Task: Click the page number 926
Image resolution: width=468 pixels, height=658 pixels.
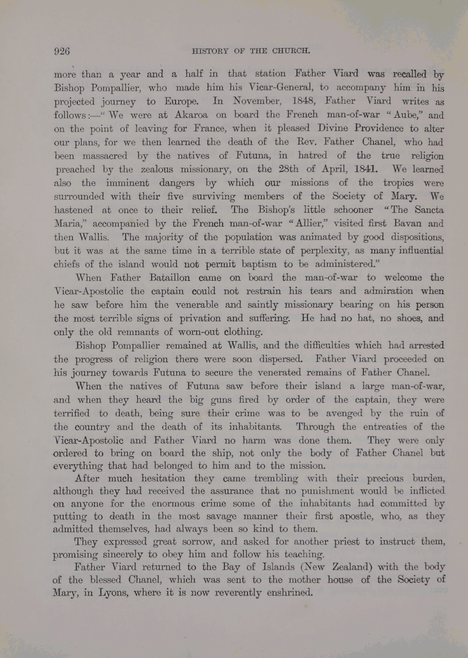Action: click(62, 51)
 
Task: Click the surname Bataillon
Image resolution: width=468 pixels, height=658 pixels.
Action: click(170, 278)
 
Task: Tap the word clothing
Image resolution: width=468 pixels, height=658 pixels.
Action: click(244, 332)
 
